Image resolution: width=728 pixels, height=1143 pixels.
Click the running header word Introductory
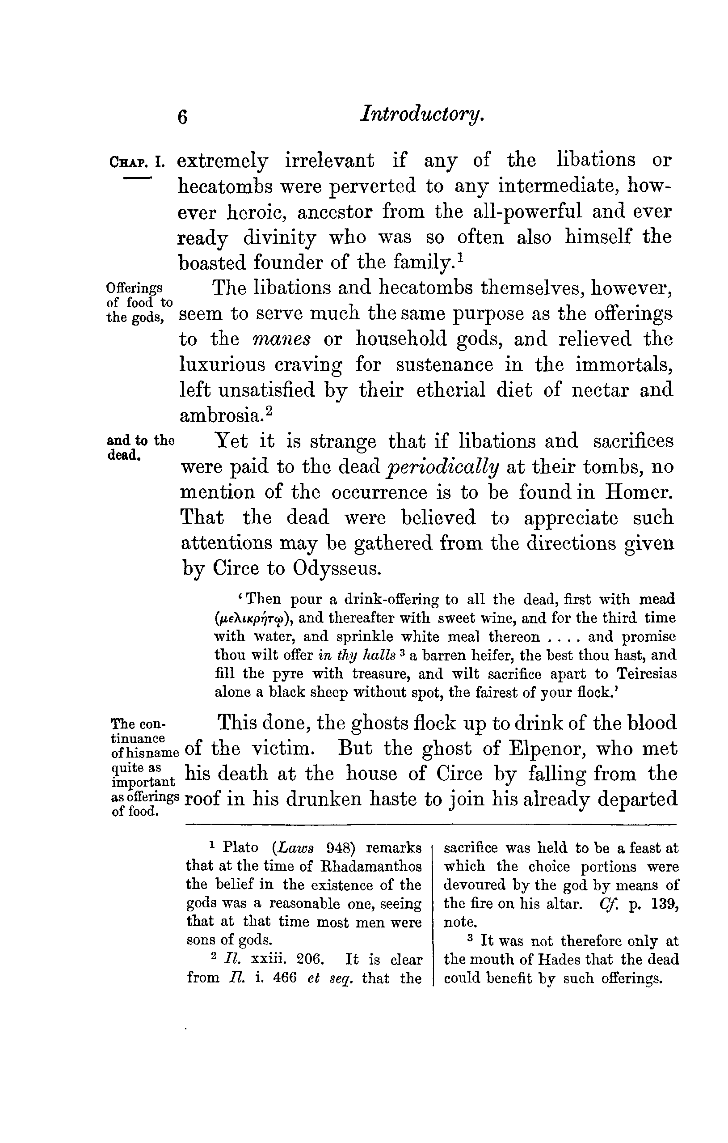coord(422,115)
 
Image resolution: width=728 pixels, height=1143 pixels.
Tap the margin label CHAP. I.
coord(137,163)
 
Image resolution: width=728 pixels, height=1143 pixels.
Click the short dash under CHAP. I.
coord(137,178)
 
